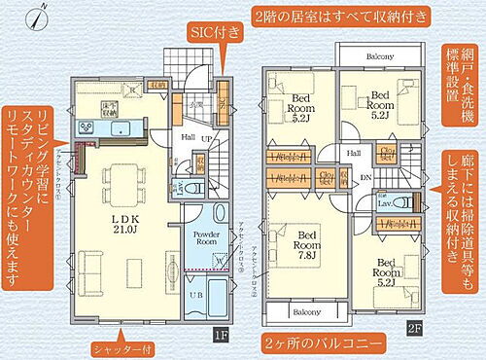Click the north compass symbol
click(36, 17)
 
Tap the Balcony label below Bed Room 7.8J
click(307, 312)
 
